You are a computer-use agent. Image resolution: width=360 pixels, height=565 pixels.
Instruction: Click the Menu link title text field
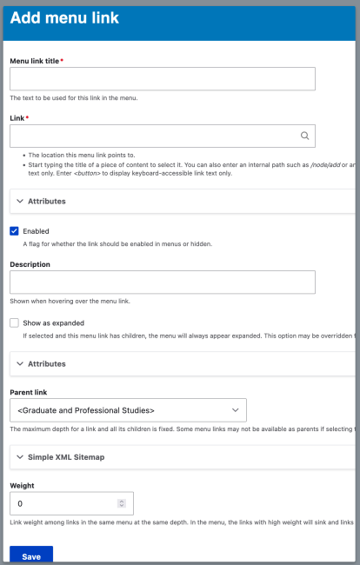pos(162,79)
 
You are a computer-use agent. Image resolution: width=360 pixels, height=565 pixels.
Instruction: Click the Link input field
pos(152,136)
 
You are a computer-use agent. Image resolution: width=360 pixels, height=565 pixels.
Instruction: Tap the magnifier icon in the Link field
pos(304,136)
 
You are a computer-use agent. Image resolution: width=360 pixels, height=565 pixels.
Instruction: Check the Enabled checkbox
pos(14,231)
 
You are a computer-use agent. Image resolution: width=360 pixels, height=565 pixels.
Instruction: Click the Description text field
pos(162,282)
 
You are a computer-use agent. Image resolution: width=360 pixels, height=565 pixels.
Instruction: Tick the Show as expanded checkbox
pos(14,322)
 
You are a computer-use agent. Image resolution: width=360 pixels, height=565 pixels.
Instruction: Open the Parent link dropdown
pos(127,409)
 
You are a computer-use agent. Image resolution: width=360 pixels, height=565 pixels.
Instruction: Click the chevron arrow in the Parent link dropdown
pos(235,409)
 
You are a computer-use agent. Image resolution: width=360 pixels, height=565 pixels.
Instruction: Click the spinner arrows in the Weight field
pos(121,503)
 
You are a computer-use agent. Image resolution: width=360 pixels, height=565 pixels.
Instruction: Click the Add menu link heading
pos(64,17)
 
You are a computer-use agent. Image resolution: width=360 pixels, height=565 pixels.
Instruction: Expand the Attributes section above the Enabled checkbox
pos(46,201)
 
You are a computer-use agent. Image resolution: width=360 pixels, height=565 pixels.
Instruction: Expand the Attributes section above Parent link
pos(46,362)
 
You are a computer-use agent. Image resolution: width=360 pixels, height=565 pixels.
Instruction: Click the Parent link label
pos(30,391)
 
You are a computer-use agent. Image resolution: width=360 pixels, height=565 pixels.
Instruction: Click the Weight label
pos(22,486)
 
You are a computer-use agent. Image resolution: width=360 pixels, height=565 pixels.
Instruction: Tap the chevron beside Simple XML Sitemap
pos(20,456)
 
